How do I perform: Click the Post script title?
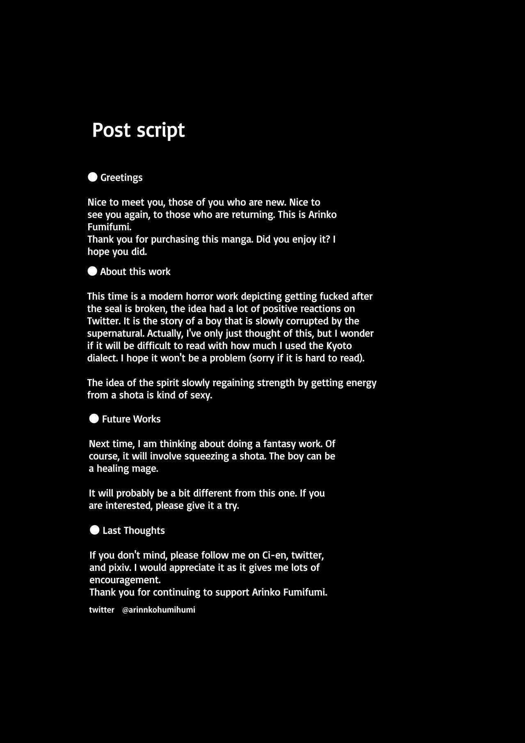pos(138,130)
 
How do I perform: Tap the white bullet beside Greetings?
pos(93,177)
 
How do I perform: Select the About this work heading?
pos(135,272)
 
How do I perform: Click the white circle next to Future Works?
pos(94,418)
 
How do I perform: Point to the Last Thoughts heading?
pos(133,530)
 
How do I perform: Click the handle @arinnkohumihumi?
pos(159,610)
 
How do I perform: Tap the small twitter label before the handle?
pos(101,610)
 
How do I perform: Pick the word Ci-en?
pos(275,555)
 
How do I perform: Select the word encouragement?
pos(125,580)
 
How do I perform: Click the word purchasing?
pos(175,239)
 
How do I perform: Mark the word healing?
pos(112,468)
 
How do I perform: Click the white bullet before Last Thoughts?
pos(95,530)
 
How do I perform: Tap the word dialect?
pos(102,358)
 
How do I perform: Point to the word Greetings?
pos(121,177)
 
